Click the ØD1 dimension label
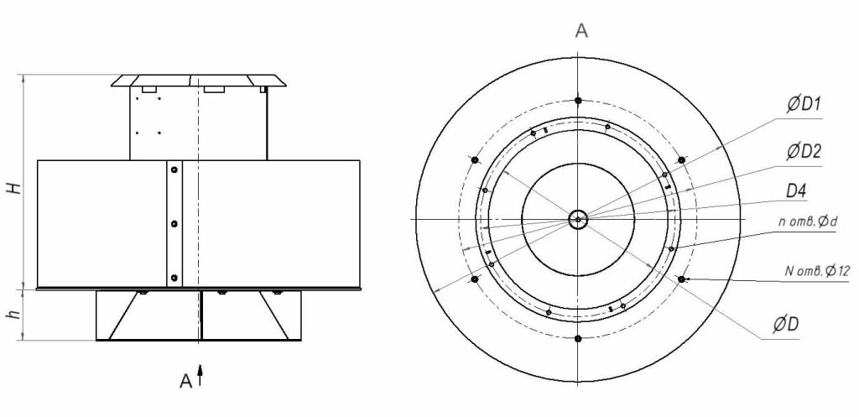click(804, 105)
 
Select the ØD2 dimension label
click(804, 151)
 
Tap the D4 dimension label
click(796, 191)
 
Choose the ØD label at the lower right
click(785, 325)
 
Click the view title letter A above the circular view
click(581, 31)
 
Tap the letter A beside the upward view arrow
click(186, 381)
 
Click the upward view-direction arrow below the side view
click(200, 375)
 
